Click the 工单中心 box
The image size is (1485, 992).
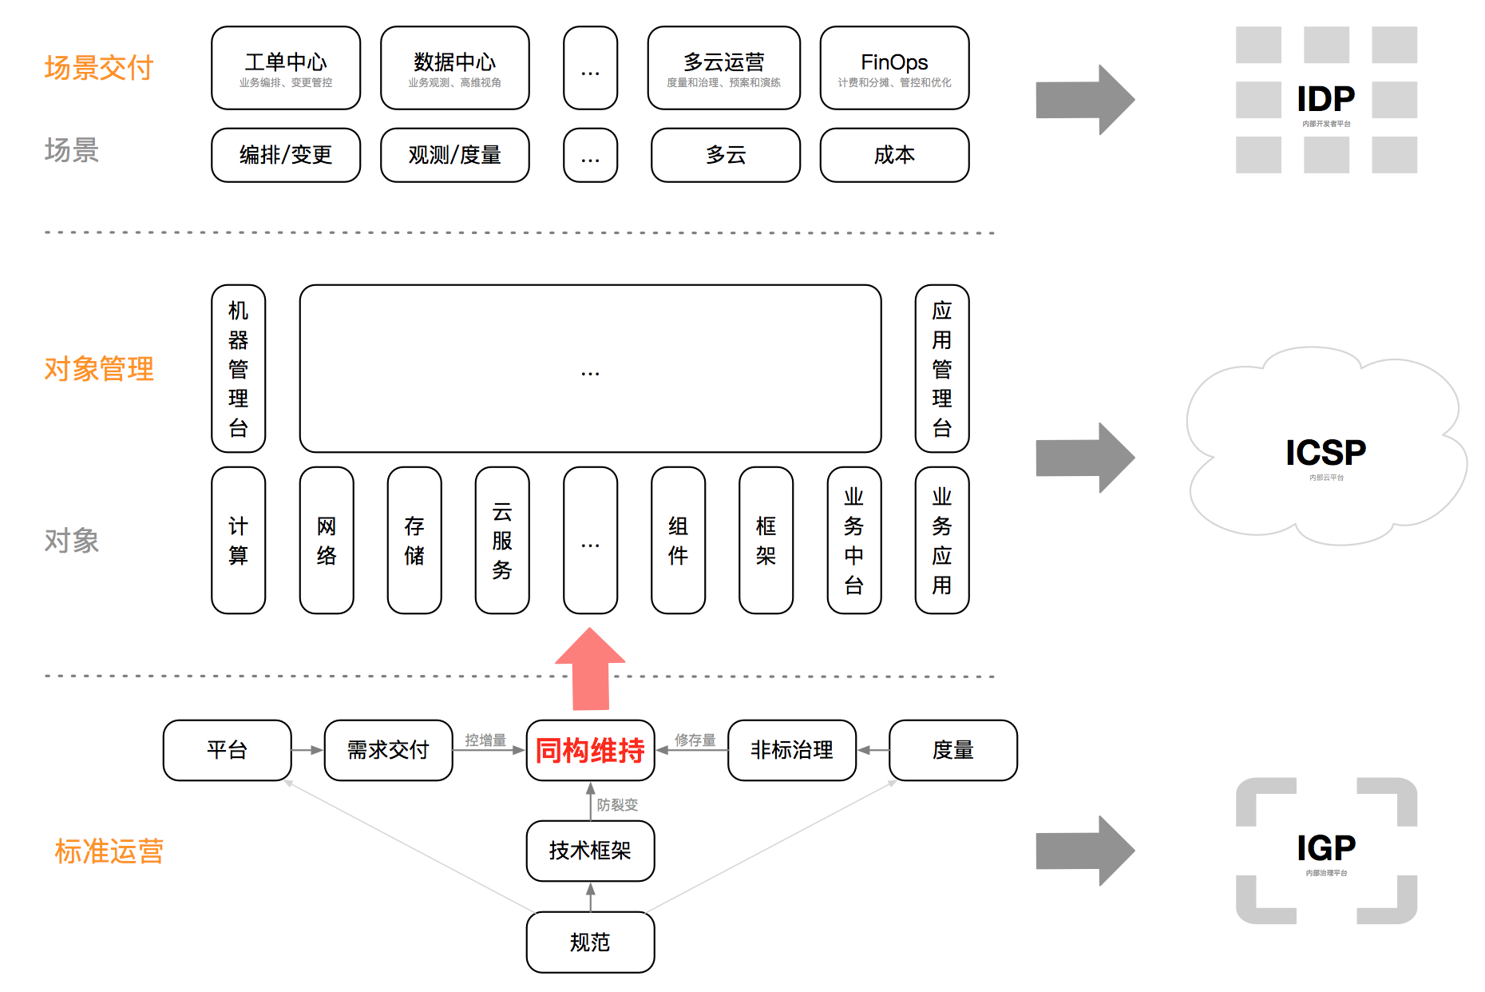286,68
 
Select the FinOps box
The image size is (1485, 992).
894,68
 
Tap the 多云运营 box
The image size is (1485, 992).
723,68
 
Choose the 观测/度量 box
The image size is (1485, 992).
454,155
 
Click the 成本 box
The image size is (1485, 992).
894,155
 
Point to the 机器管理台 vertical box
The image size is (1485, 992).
238,368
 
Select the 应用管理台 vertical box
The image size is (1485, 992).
942,368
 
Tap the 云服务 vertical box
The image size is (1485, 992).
502,540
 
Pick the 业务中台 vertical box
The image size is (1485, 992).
854,540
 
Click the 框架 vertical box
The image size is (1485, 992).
766,540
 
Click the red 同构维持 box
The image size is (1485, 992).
590,750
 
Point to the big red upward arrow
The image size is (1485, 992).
590,669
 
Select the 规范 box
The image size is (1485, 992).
590,942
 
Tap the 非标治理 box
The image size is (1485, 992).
792,750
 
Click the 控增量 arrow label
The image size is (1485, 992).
485,740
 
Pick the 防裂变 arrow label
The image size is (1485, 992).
617,804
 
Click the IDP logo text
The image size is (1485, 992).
1326,99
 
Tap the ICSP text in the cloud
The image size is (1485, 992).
1325,453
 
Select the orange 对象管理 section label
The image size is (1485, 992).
99,369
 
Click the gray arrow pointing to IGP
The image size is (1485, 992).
1085,851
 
